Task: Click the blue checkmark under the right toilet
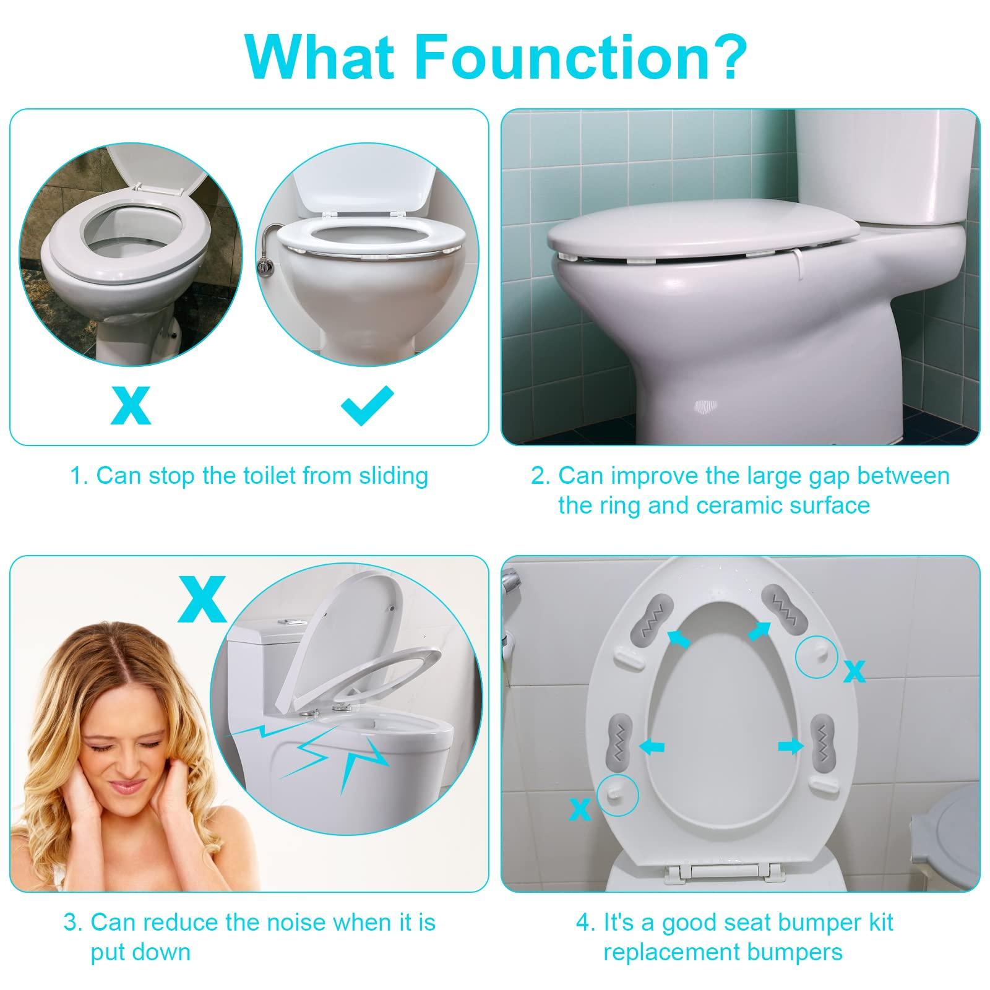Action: click(x=367, y=405)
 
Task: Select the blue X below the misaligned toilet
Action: click(x=131, y=405)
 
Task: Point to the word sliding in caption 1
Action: click(x=394, y=476)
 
